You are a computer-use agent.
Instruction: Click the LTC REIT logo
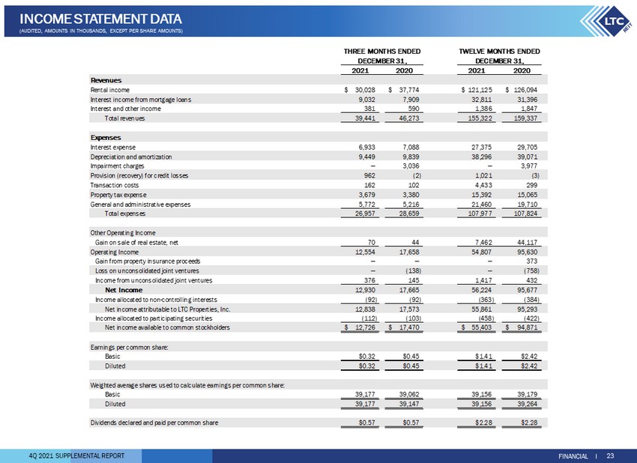(x=607, y=22)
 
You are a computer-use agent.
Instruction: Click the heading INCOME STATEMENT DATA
(x=100, y=19)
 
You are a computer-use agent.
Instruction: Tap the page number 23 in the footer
(x=610, y=456)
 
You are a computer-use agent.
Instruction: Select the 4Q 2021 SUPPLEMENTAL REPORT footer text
(x=76, y=456)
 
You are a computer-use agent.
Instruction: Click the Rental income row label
(x=109, y=90)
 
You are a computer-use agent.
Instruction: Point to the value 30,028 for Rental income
(x=365, y=90)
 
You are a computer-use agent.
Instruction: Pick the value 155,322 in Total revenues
(x=480, y=118)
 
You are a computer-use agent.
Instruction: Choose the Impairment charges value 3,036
(x=411, y=166)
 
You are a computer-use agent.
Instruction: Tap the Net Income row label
(x=124, y=290)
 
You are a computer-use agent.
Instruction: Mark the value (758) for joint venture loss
(x=531, y=271)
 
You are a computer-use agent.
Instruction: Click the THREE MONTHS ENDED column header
(x=382, y=51)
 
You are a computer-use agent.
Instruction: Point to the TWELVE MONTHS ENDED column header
(x=499, y=51)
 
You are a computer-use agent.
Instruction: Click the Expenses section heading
(x=106, y=138)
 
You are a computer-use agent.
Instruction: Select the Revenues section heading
(x=106, y=80)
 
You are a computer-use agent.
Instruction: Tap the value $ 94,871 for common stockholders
(x=522, y=327)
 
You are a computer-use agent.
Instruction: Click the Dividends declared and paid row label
(x=154, y=423)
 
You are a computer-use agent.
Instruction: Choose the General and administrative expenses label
(x=140, y=205)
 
